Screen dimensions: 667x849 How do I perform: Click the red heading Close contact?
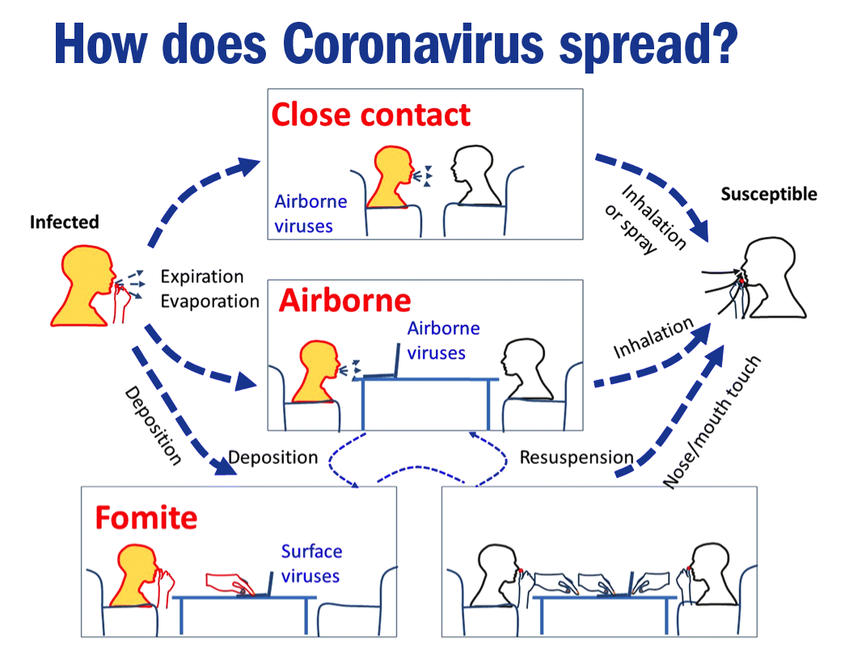point(370,115)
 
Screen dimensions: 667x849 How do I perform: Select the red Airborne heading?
point(345,301)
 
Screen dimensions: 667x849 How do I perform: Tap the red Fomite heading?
point(146,517)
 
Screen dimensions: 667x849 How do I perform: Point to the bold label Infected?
point(64,222)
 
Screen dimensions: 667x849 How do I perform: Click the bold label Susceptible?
point(768,194)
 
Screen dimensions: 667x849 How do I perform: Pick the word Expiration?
point(201,277)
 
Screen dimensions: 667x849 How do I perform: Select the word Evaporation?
point(209,302)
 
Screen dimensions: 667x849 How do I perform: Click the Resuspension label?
point(576,458)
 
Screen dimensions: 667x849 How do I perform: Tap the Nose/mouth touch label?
point(712,423)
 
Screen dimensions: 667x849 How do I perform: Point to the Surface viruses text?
point(311,564)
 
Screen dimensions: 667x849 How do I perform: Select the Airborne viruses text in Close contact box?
point(310,213)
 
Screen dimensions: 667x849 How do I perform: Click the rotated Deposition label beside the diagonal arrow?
point(151,425)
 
